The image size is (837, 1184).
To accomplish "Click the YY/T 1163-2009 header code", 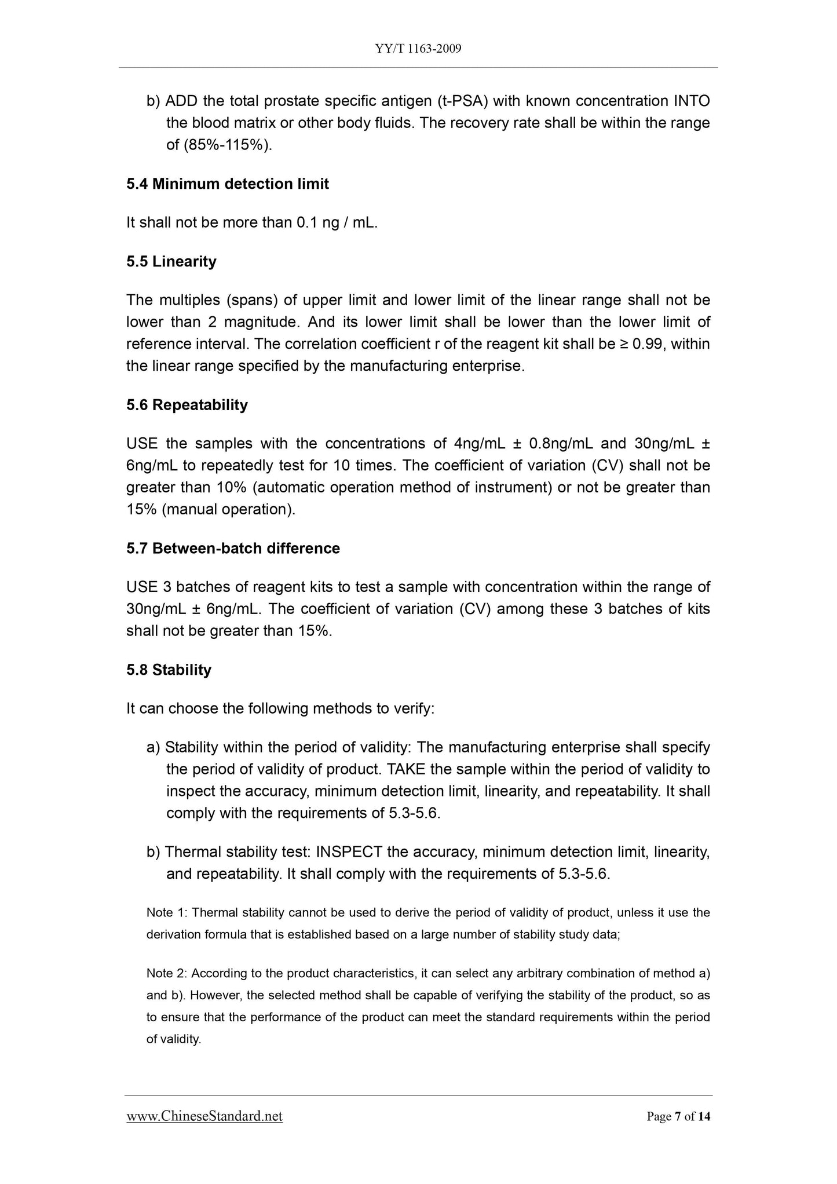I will click(x=418, y=49).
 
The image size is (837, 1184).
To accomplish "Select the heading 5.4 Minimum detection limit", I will click(x=228, y=184).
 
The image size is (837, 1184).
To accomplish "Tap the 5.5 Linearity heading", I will click(x=171, y=261).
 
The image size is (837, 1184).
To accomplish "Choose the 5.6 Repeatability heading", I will click(x=187, y=404).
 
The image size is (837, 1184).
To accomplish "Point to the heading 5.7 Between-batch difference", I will click(x=233, y=548).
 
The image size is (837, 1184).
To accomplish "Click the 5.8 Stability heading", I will click(x=169, y=670).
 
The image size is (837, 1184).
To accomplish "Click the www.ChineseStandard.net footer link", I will click(x=204, y=1116).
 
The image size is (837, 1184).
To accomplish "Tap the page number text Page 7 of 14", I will click(x=678, y=1117).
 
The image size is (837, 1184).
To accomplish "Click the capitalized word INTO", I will click(x=692, y=101).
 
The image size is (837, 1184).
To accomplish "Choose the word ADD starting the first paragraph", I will click(x=181, y=101).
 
